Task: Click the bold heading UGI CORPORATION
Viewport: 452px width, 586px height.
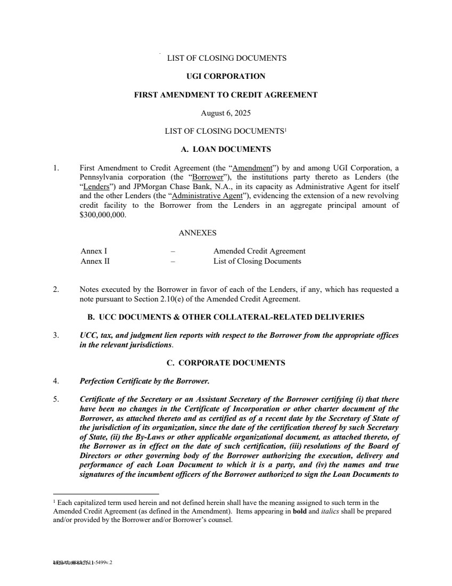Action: pyautogui.click(x=226, y=76)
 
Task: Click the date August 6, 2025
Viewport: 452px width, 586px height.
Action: pyautogui.click(x=226, y=113)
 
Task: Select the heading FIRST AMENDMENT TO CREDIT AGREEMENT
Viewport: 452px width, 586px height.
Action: pyautogui.click(x=226, y=95)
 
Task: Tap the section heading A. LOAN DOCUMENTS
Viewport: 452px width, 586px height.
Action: pyautogui.click(x=226, y=149)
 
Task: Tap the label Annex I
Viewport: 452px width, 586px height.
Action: pyautogui.click(x=94, y=251)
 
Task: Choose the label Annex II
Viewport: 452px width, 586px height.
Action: pyautogui.click(x=95, y=261)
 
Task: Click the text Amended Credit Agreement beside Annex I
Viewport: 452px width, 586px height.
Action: pyautogui.click(x=259, y=251)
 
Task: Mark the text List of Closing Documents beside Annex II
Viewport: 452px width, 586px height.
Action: pyautogui.click(x=257, y=261)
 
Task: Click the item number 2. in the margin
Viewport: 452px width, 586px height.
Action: pyautogui.click(x=56, y=289)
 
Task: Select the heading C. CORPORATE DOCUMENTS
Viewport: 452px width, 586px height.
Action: pyautogui.click(x=226, y=363)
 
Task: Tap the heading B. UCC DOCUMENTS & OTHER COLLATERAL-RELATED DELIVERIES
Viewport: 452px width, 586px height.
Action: pyautogui.click(x=226, y=317)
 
